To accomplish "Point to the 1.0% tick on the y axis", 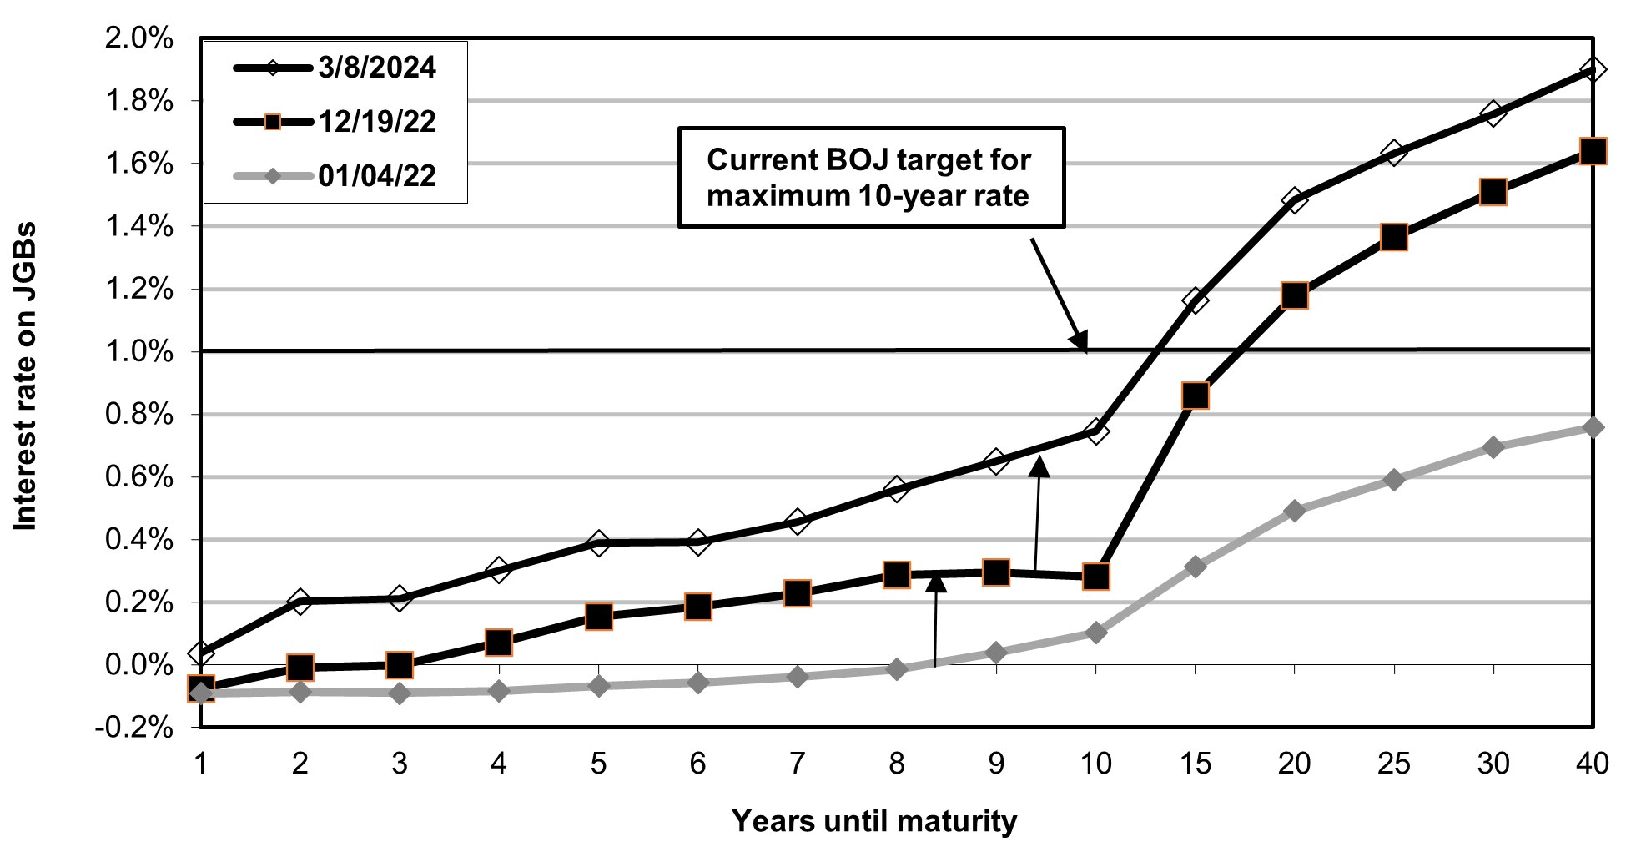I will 138,351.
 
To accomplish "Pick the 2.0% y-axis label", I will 138,38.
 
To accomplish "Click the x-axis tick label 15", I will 1195,763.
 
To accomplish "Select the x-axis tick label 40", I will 1592,763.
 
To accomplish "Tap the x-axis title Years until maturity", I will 874,821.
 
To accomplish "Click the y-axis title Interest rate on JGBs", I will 25,376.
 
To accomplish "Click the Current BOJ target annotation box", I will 871,177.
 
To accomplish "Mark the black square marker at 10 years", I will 1095,576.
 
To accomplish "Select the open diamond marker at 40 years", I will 1592,69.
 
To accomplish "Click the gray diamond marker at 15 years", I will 1195,567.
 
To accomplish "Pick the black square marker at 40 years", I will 1592,151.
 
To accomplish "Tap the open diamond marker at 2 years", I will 300,601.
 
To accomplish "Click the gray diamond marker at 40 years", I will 1592,427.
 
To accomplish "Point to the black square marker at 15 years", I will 1195,395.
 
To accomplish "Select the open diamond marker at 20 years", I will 1294,199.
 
